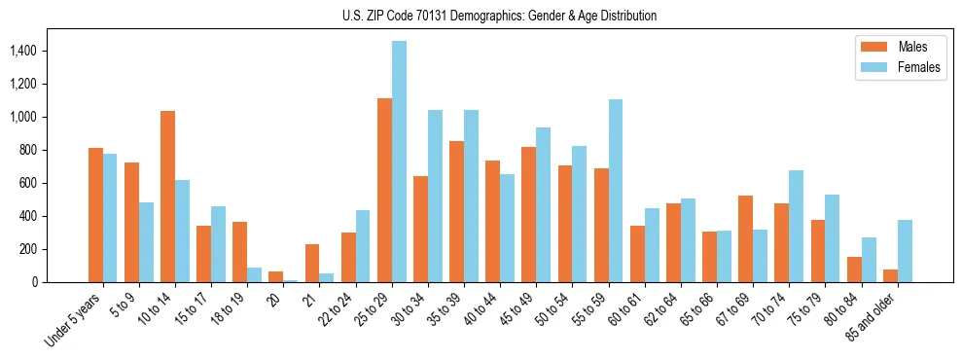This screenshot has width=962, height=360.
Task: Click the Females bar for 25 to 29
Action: click(399, 162)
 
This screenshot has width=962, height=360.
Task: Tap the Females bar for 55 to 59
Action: click(616, 191)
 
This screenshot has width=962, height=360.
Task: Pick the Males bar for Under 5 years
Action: click(95, 215)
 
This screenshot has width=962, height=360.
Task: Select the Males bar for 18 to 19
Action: click(240, 252)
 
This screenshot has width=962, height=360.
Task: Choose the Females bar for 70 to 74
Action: click(796, 226)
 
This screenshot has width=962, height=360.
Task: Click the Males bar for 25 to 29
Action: click(384, 190)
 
